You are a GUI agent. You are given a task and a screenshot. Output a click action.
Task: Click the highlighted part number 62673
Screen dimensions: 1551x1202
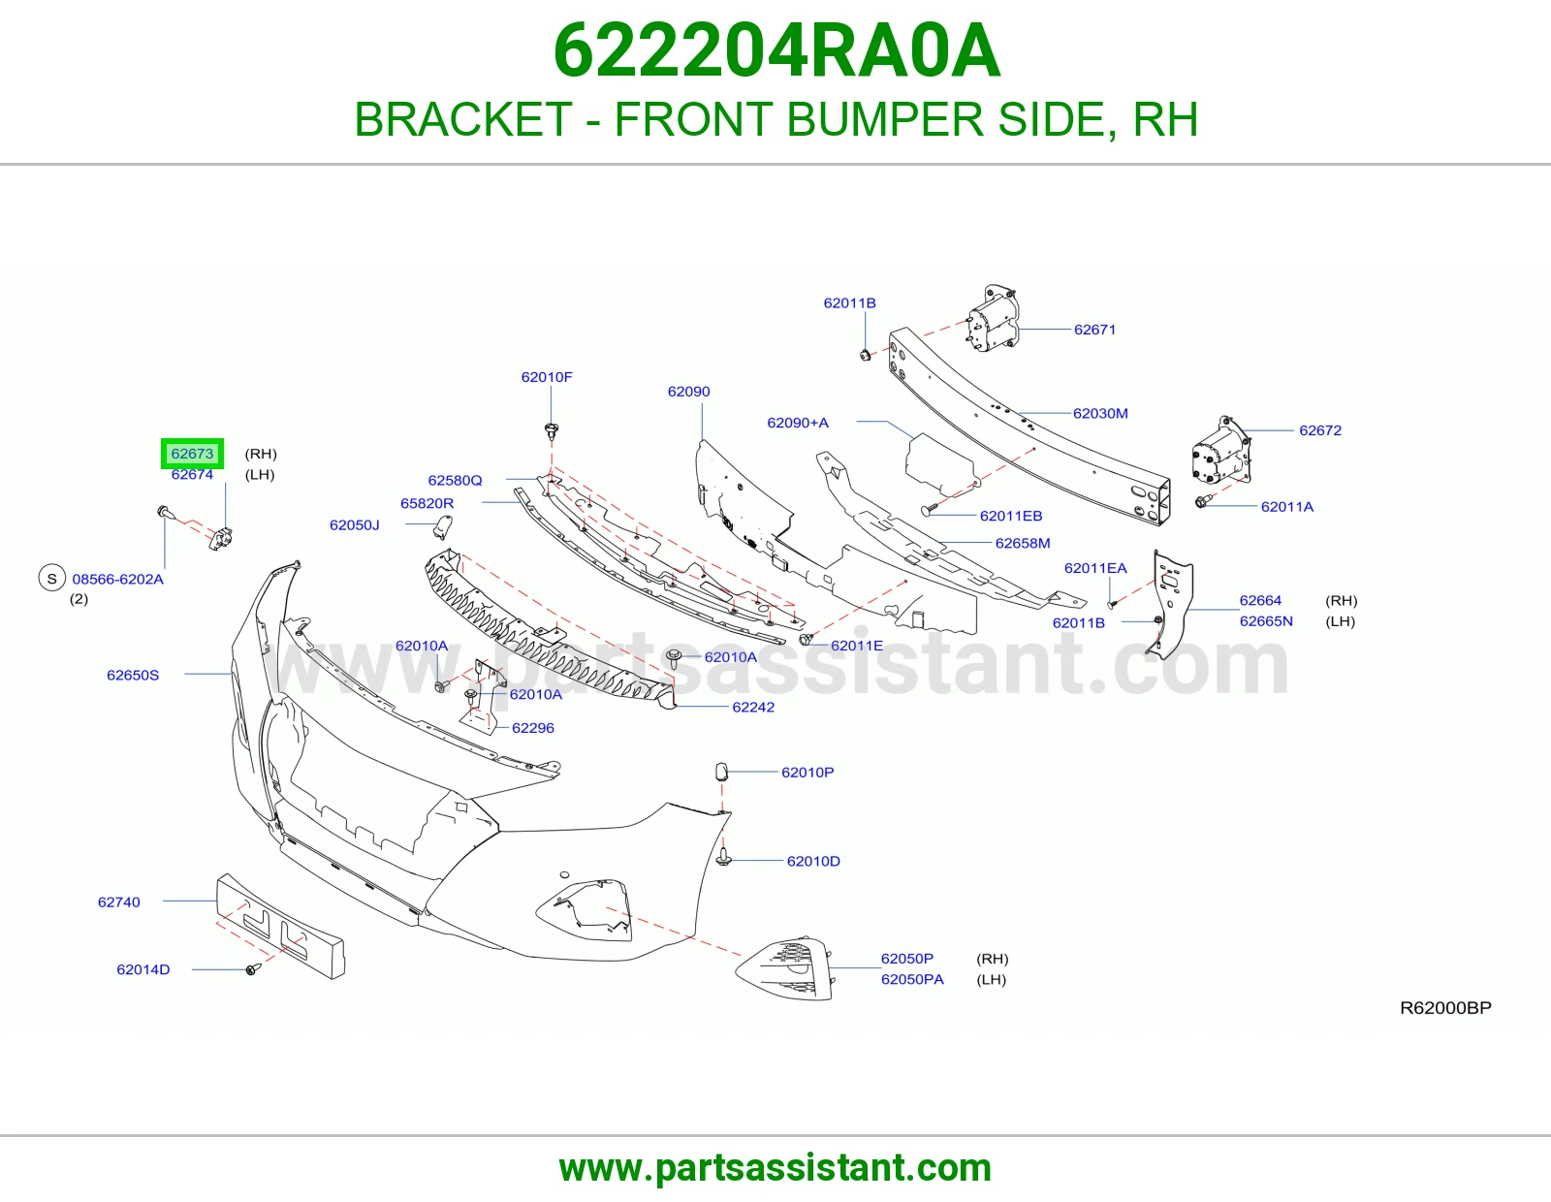coord(192,454)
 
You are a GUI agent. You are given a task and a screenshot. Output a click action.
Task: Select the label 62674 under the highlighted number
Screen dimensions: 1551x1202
coord(192,475)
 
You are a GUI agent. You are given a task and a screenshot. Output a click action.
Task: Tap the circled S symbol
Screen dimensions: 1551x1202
coord(52,578)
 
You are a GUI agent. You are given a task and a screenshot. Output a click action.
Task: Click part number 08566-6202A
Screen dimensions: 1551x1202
coord(117,579)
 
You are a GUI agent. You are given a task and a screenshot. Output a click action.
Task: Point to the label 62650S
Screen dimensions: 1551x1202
coord(133,676)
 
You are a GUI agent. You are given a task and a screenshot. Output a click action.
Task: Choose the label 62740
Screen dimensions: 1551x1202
coord(119,902)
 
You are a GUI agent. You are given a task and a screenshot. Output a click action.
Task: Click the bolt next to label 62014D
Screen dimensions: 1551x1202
coord(252,969)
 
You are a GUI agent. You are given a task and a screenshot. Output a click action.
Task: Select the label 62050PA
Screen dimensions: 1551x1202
coord(912,979)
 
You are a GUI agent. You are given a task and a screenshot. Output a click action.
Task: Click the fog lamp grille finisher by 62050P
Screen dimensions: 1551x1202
coord(785,968)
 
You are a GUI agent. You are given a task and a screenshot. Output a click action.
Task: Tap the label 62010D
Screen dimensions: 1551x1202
coord(813,861)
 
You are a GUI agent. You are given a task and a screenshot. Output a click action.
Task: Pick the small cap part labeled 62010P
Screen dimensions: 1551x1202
coord(721,772)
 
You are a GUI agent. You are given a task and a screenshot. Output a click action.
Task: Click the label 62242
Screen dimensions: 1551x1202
coord(753,707)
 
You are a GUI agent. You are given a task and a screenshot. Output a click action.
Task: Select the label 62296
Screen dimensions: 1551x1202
coord(533,728)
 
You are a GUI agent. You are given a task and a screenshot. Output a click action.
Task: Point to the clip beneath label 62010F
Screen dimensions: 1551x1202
coord(551,429)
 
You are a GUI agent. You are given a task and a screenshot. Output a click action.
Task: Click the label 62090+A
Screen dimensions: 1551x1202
coord(798,423)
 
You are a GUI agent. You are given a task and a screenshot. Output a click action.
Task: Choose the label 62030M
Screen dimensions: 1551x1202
coord(1100,413)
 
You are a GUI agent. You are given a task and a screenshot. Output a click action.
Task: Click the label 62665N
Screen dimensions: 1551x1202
coord(1266,621)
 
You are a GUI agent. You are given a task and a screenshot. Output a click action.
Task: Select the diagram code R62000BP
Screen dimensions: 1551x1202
coord(1445,1008)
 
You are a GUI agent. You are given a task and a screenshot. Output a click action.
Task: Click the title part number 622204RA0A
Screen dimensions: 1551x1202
coord(776,50)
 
